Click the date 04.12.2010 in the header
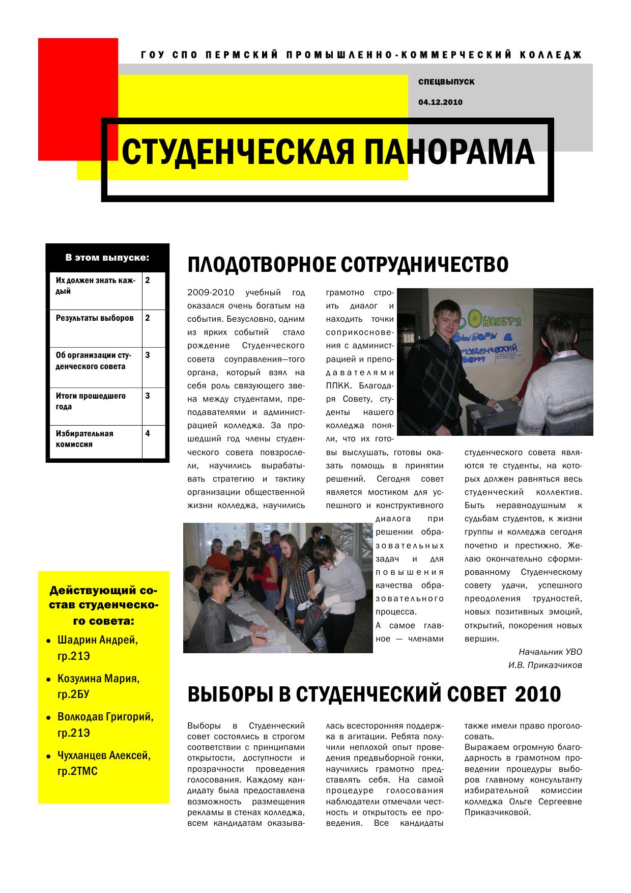pyautogui.click(x=440, y=102)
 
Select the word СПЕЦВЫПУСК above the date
pyautogui.click(x=446, y=82)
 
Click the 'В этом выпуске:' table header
pyautogui.click(x=107, y=258)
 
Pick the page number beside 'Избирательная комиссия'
pyautogui.click(x=148, y=434)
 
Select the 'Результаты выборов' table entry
pyautogui.click(x=95, y=318)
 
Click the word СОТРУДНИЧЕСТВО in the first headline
pyautogui.click(x=424, y=265)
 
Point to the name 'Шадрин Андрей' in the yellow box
pyautogui.click(x=98, y=640)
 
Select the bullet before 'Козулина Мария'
pyautogui.click(x=48, y=680)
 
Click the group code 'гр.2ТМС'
pyautogui.click(x=77, y=772)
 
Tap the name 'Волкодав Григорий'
pyautogui.click(x=105, y=717)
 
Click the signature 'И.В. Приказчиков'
pyautogui.click(x=544, y=665)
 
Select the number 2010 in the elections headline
pyautogui.click(x=538, y=694)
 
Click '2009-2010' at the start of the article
pyautogui.click(x=211, y=293)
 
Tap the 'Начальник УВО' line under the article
pyautogui.click(x=550, y=652)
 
